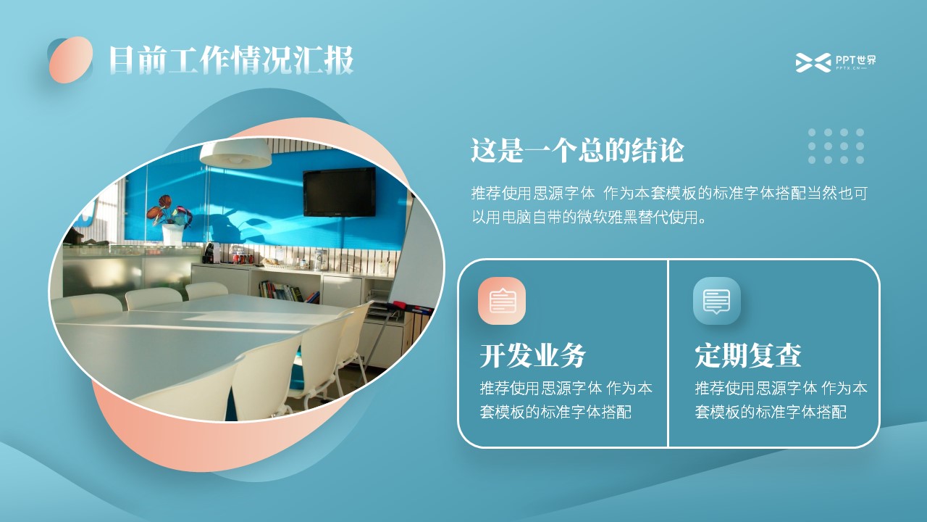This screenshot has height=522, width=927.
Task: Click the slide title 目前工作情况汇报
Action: (231, 60)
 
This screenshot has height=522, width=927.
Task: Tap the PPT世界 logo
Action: (836, 62)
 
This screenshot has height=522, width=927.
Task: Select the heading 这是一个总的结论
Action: (577, 150)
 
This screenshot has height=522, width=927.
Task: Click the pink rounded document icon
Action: (502, 301)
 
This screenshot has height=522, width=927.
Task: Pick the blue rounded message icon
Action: (717, 301)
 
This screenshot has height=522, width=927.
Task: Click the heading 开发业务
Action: (533, 355)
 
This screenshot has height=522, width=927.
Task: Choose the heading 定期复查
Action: (748, 355)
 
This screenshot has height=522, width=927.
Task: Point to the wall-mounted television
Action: (340, 192)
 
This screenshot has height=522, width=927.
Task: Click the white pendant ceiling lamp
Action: (235, 153)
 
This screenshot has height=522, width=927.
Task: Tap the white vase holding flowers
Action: (172, 234)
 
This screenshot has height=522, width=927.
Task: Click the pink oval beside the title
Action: (71, 59)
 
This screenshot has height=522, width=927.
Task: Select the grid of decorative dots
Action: (836, 146)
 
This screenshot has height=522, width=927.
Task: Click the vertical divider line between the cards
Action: (668, 353)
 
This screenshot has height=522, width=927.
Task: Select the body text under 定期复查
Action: (781, 399)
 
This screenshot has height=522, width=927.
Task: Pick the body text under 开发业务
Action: (566, 399)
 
